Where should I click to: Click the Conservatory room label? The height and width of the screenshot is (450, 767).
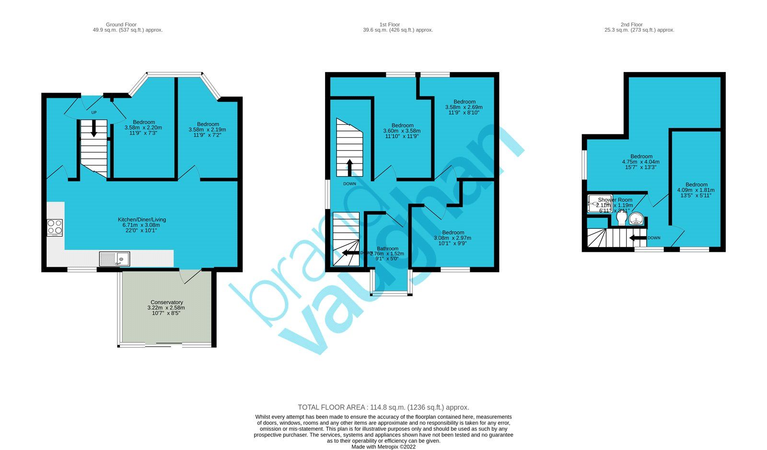click(x=166, y=302)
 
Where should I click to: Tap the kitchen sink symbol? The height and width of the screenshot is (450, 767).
click(x=115, y=259)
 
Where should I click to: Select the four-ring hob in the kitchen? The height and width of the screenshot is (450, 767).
click(x=55, y=227)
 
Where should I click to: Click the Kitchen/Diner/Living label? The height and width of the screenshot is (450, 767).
click(x=142, y=220)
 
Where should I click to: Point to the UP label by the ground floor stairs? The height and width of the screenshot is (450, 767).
click(x=94, y=113)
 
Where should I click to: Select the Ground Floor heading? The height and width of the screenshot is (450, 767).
click(x=121, y=24)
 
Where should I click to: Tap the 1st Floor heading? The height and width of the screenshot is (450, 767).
click(x=389, y=24)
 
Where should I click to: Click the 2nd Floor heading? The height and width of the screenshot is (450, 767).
click(x=631, y=24)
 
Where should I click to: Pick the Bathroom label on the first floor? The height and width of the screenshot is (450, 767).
click(x=387, y=249)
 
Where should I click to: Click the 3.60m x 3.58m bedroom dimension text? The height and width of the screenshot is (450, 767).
click(x=402, y=131)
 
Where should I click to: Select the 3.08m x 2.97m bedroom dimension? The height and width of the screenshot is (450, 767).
click(x=452, y=238)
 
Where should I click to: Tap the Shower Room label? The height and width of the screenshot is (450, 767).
click(x=615, y=200)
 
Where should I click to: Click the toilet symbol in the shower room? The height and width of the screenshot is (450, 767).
click(x=622, y=219)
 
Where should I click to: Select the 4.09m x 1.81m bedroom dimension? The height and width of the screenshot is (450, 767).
click(x=696, y=190)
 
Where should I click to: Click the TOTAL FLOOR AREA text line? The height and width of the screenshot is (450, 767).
click(x=383, y=407)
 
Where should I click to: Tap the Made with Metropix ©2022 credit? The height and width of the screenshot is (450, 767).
click(x=383, y=447)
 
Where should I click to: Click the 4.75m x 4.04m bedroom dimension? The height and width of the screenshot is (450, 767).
click(x=641, y=162)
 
